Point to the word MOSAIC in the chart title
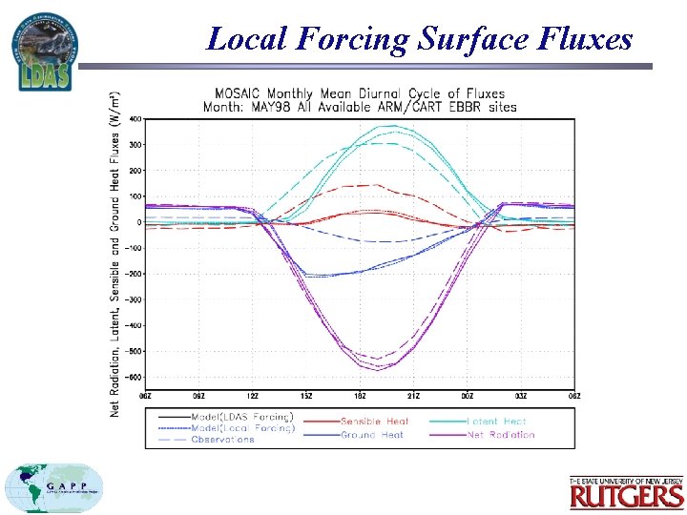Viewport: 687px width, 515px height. point(240,93)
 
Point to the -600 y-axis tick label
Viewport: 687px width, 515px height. point(134,377)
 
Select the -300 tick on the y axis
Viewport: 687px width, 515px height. point(134,299)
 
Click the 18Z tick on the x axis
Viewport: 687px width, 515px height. point(361,396)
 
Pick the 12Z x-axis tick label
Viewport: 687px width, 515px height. point(253,396)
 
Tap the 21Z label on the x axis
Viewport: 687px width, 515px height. point(414,396)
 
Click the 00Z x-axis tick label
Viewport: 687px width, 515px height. point(468,396)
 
